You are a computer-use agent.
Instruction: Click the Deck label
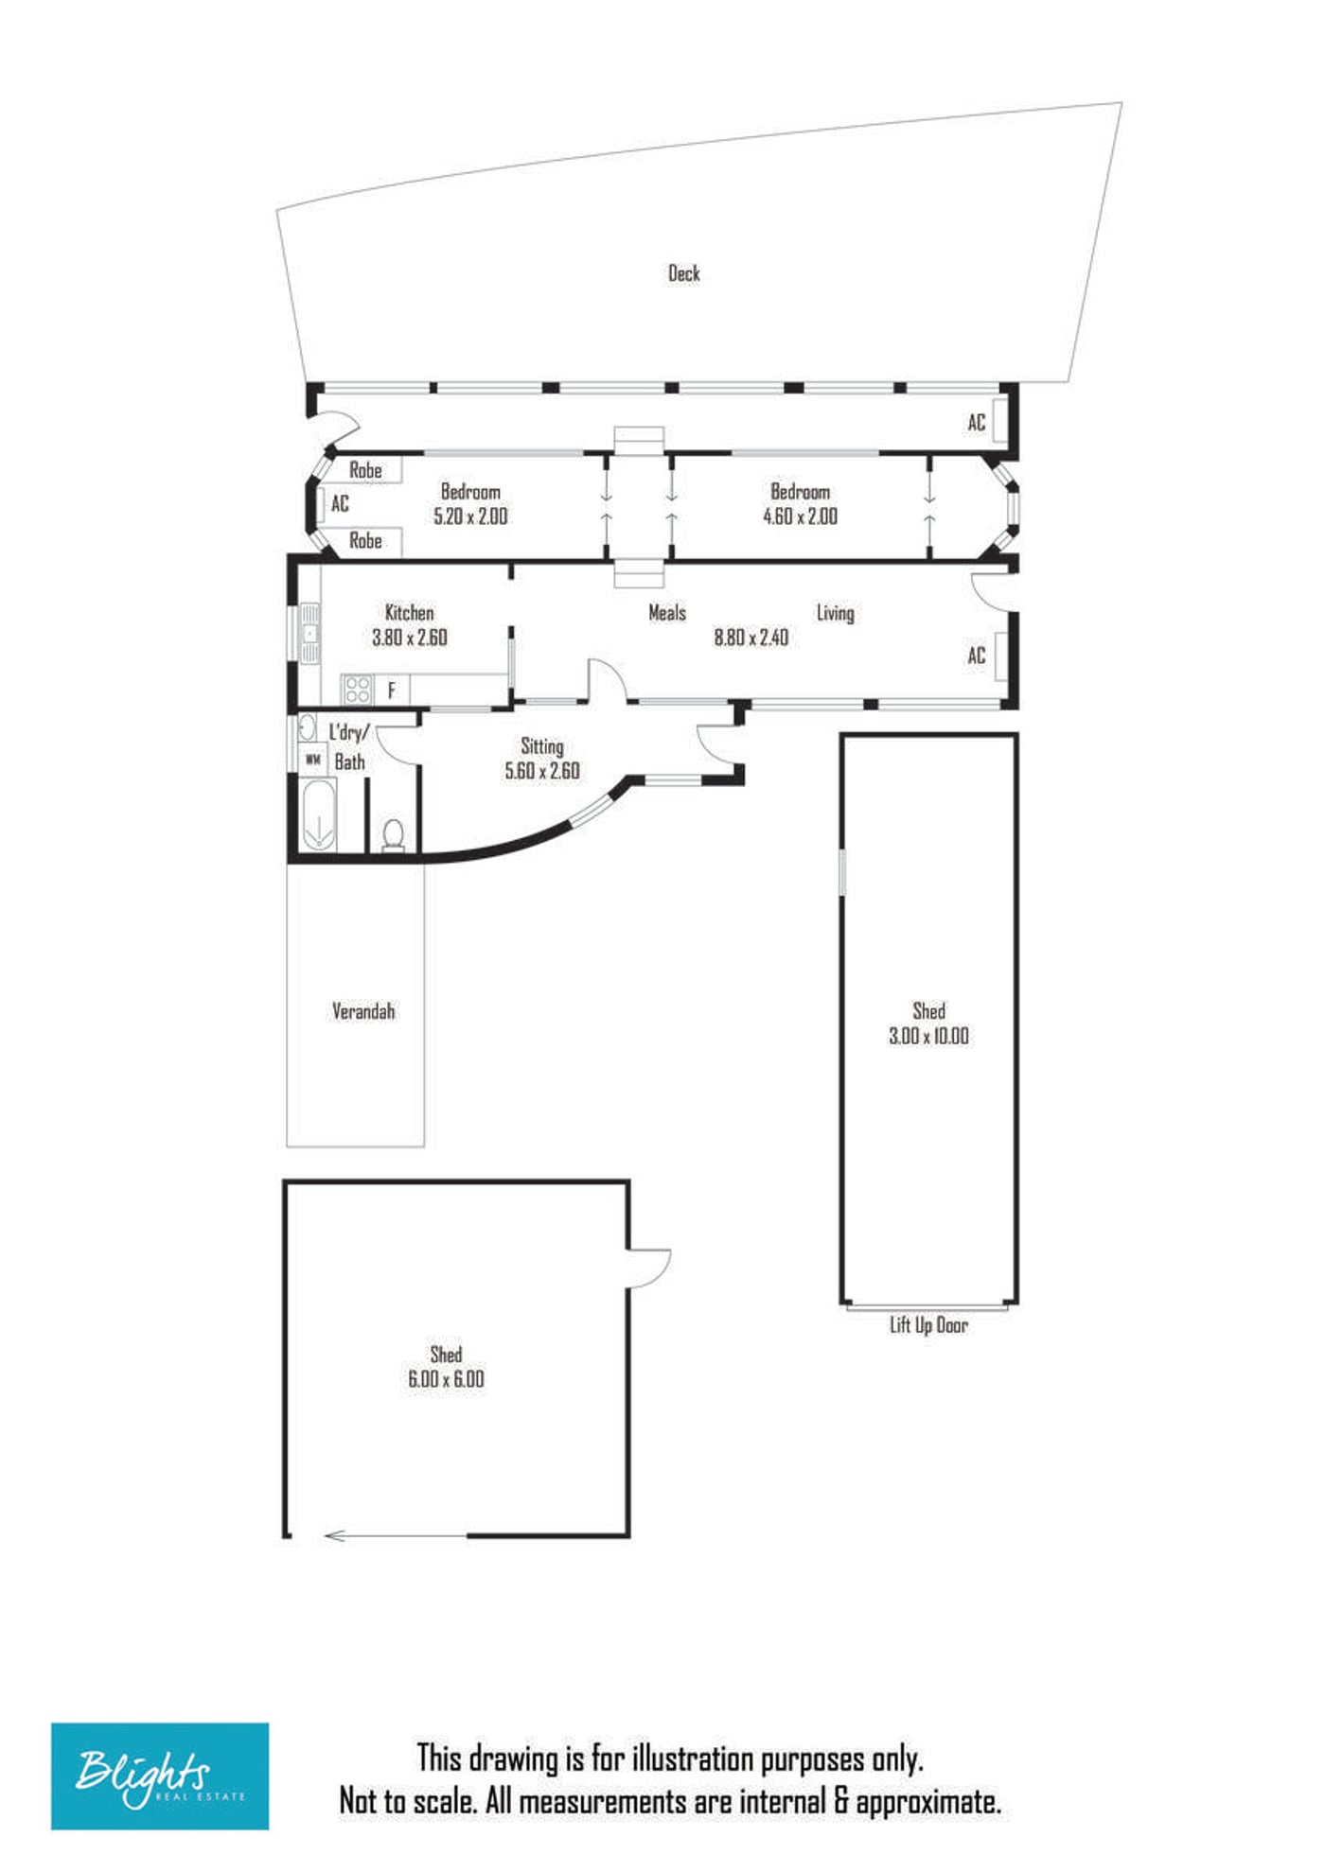pyautogui.click(x=683, y=273)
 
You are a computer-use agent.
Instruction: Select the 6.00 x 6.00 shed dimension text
pyautogui.click(x=446, y=1379)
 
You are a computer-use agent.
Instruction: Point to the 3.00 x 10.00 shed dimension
pyautogui.click(x=928, y=1036)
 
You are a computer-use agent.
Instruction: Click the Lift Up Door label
pyautogui.click(x=928, y=1325)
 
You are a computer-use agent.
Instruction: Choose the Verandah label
pyautogui.click(x=363, y=1011)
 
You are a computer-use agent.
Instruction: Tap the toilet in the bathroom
pyautogui.click(x=393, y=835)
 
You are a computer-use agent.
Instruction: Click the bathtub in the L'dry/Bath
pyautogui.click(x=317, y=814)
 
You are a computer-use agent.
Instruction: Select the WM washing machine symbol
pyautogui.click(x=313, y=760)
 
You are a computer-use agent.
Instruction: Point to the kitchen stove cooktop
pyautogui.click(x=357, y=689)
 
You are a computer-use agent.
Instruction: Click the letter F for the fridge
pyautogui.click(x=392, y=691)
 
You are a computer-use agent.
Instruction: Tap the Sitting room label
pyautogui.click(x=542, y=746)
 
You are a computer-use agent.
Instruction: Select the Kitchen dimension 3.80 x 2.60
pyautogui.click(x=410, y=638)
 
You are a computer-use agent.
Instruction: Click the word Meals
pyautogui.click(x=667, y=613)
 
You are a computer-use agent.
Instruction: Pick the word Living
pyautogui.click(x=836, y=613)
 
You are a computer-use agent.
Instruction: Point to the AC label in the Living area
pyautogui.click(x=977, y=656)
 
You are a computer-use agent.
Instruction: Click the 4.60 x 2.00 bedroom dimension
pyautogui.click(x=801, y=516)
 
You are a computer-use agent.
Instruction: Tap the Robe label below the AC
pyautogui.click(x=365, y=541)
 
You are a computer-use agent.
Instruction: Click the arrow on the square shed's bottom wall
pyautogui.click(x=397, y=1536)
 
